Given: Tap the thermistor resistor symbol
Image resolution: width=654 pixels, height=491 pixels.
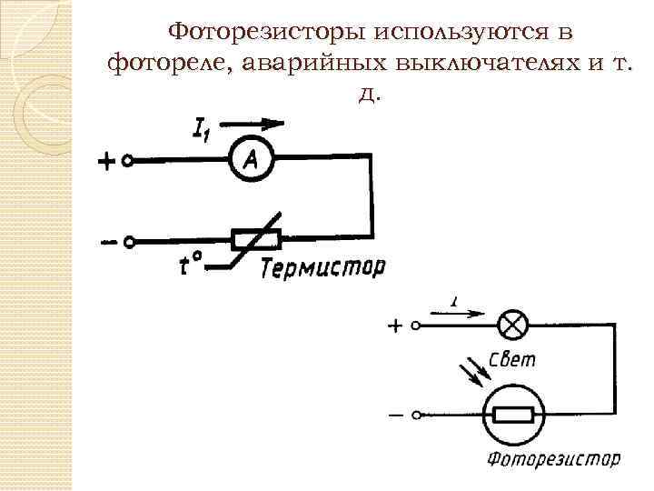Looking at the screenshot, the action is click(x=257, y=240).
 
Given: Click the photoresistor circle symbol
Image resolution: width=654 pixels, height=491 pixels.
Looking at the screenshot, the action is click(x=514, y=416).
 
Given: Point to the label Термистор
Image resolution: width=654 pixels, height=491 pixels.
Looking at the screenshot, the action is click(x=322, y=267).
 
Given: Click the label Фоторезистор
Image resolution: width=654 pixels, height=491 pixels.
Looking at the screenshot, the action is click(x=554, y=459).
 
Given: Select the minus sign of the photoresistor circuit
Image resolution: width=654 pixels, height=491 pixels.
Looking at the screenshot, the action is click(x=396, y=415).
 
